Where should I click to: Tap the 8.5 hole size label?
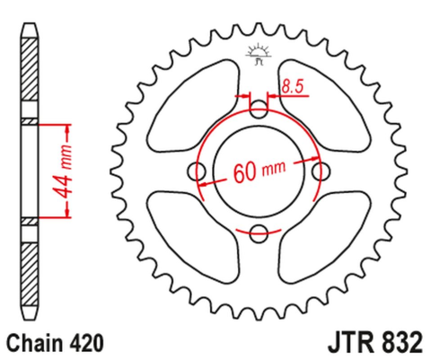coord(290,87)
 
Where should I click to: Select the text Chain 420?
coord(56,341)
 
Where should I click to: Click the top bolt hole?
coord(259,110)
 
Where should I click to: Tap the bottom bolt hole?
coord(259,234)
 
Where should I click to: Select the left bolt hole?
coord(198,172)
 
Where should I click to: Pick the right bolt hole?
coord(321,172)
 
